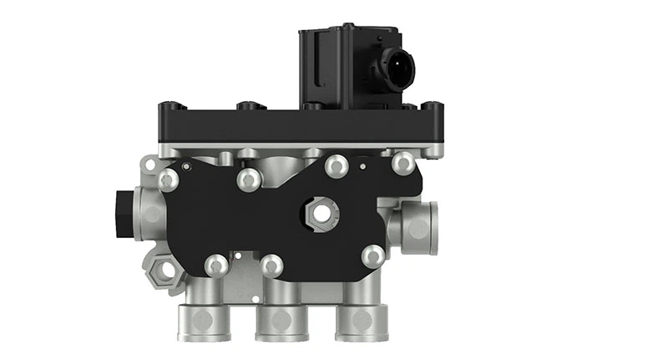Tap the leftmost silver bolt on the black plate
(169, 179)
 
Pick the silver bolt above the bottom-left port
(215, 266)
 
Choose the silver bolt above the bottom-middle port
(270, 266)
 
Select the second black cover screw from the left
(246, 107)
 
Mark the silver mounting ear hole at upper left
(150, 164)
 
